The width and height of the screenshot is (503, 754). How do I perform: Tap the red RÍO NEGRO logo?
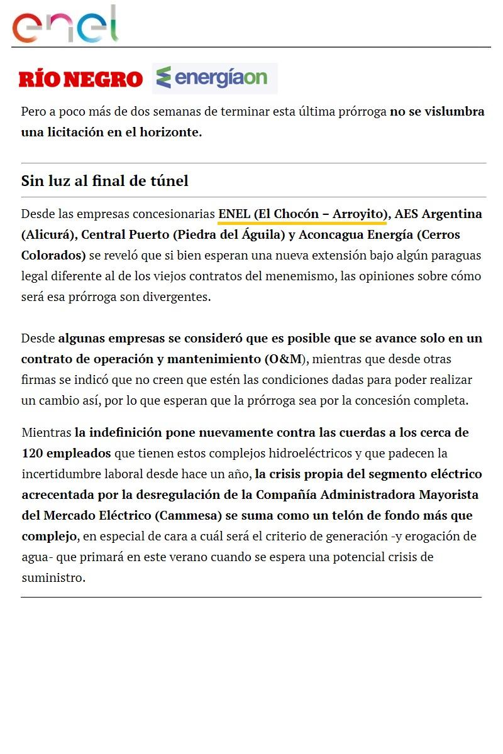click(x=81, y=79)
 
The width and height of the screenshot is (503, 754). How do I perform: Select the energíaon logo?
click(x=214, y=78)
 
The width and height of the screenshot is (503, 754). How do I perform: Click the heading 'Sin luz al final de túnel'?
click(x=105, y=181)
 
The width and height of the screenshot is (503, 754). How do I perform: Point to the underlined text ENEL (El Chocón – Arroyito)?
click(x=302, y=214)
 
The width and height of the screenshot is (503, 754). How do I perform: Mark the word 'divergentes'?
click(x=179, y=297)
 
